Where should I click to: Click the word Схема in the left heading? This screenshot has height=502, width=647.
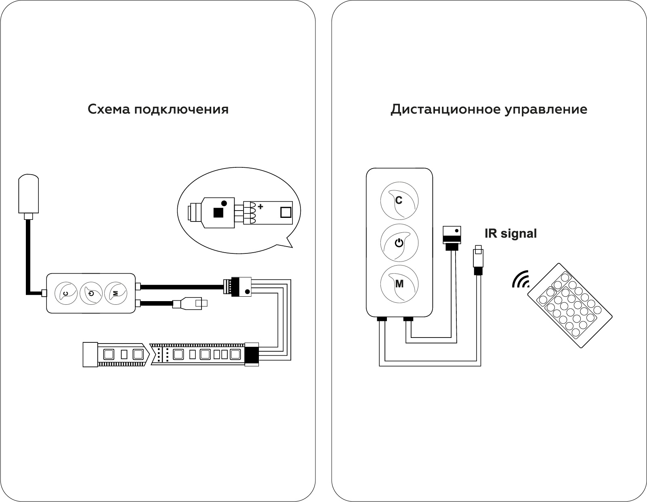point(109,109)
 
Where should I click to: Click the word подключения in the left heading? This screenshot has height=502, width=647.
point(181,110)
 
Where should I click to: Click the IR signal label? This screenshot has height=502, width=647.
point(510,234)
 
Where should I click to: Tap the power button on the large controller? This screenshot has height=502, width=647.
point(399,243)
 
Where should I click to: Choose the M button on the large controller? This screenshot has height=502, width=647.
point(399,284)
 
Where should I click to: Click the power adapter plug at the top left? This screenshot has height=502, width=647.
point(28,194)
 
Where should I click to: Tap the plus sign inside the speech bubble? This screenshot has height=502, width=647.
point(260,207)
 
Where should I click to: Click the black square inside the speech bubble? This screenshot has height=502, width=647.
point(218,213)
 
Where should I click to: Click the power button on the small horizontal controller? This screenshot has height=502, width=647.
point(91,293)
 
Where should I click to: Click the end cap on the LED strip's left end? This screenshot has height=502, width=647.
point(90,354)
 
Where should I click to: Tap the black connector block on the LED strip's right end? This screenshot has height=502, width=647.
point(252,354)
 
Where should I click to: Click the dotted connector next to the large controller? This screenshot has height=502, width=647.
point(452,234)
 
